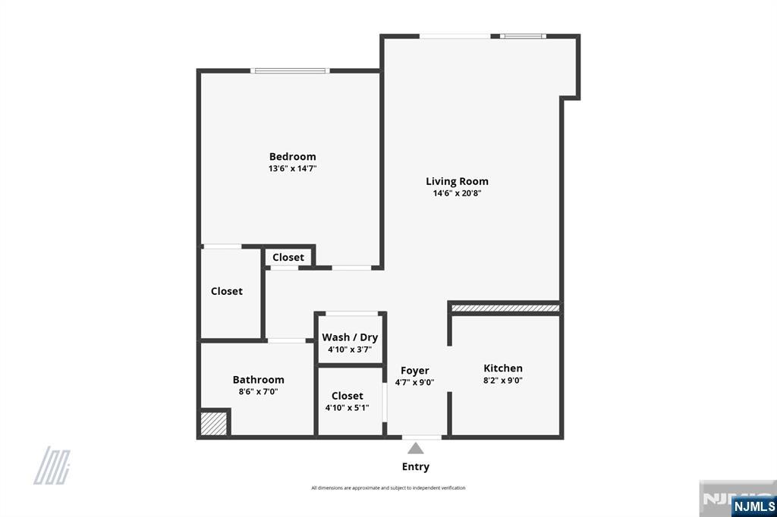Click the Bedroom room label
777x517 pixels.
tap(292, 157)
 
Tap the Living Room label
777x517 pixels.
tap(457, 181)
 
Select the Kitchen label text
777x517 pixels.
tap(503, 368)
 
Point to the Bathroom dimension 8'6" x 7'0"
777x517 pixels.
tap(258, 392)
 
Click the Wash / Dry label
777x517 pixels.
tap(350, 337)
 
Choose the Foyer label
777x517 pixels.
tap(415, 371)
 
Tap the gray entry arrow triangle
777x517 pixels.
tap(415, 448)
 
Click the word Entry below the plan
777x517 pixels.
tap(415, 467)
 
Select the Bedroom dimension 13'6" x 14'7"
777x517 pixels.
tap(292, 169)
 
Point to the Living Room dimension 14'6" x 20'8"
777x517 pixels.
tap(457, 193)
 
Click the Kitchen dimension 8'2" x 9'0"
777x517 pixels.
tap(503, 381)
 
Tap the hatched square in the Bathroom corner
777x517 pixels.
tap(214, 423)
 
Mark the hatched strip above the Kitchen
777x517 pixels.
tap(505, 308)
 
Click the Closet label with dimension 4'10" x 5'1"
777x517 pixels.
tap(347, 396)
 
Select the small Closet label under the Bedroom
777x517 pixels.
tap(288, 257)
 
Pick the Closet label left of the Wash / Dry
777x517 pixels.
tap(227, 291)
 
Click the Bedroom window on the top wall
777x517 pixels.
tap(290, 71)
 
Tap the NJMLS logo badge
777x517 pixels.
tap(753, 506)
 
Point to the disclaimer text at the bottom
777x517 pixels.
tap(388, 488)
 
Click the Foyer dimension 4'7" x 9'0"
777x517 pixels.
tap(415, 383)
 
